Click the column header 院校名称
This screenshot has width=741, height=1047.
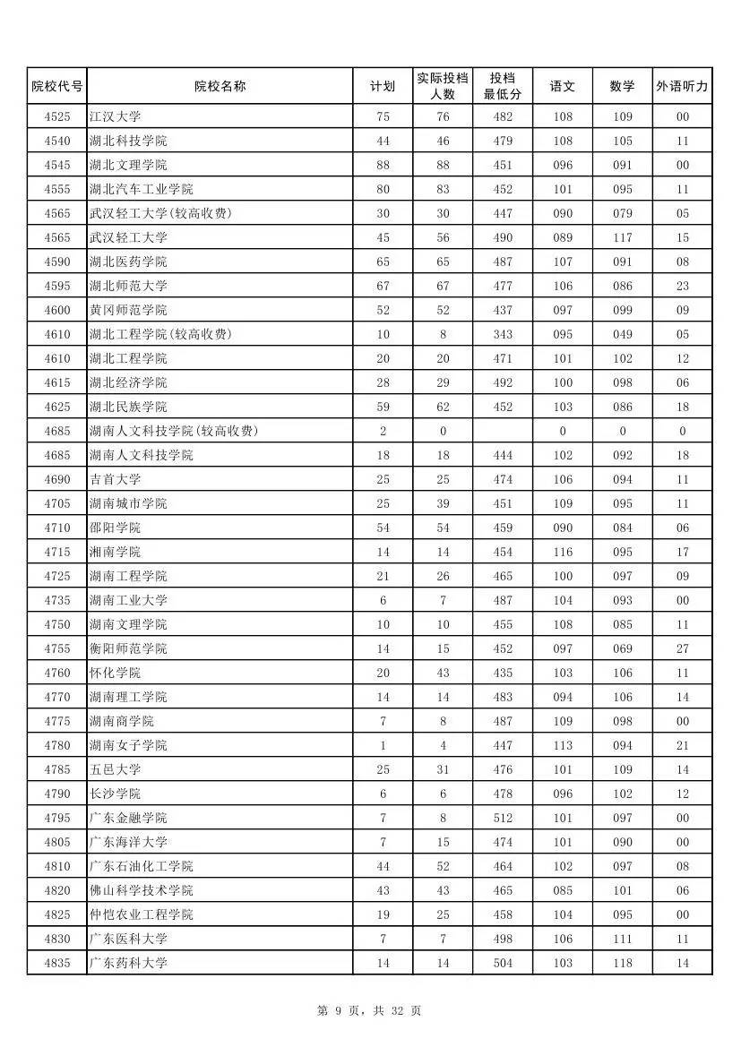pyautogui.click(x=220, y=86)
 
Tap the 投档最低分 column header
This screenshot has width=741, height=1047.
pyautogui.click(x=503, y=86)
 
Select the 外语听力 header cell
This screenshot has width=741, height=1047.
pyautogui.click(x=682, y=86)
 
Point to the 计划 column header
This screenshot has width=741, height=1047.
pyautogui.click(x=383, y=86)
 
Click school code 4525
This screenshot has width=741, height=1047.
pyautogui.click(x=56, y=116)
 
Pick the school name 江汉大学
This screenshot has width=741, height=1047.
pyautogui.click(x=116, y=116)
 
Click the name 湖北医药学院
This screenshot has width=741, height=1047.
pyautogui.click(x=128, y=262)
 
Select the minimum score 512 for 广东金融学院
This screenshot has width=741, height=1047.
pyautogui.click(x=503, y=818)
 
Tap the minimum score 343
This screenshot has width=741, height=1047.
pyautogui.click(x=503, y=334)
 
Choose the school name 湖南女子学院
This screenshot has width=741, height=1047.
pyautogui.click(x=128, y=745)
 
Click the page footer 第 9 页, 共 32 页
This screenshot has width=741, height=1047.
pyautogui.click(x=369, y=1010)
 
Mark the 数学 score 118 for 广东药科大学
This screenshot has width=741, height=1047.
pyautogui.click(x=622, y=963)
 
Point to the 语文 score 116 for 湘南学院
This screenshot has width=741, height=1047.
pyautogui.click(x=562, y=552)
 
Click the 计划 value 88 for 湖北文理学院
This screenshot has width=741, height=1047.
pyautogui.click(x=383, y=165)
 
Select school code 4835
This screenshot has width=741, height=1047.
pyautogui.click(x=56, y=963)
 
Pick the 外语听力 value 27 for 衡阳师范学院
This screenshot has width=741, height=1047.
pyautogui.click(x=682, y=648)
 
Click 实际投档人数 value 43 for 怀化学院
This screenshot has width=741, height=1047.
pyautogui.click(x=443, y=673)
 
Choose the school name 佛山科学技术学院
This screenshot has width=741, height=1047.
pyautogui.click(x=142, y=890)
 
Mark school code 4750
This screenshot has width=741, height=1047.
pyautogui.click(x=56, y=624)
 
